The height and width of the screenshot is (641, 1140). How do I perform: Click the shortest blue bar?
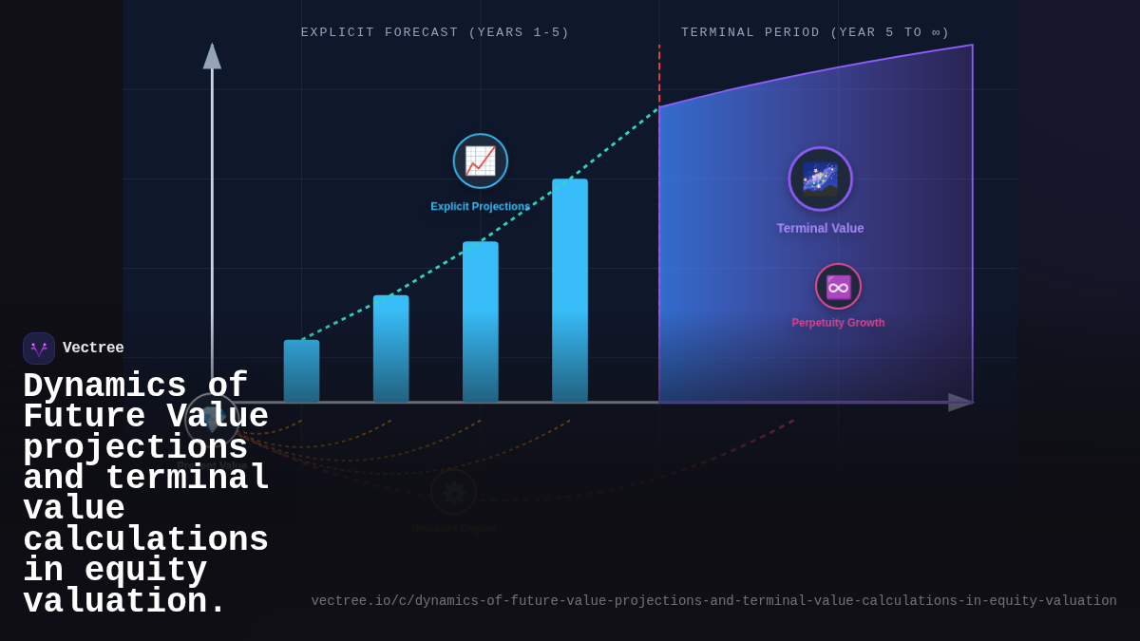pos(301,371)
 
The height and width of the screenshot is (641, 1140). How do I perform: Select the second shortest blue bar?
pos(390,349)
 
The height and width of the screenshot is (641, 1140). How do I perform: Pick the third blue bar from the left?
pos(480,321)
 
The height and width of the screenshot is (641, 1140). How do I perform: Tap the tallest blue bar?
pos(569,290)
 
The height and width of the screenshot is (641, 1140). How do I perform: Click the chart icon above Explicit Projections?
pos(481,160)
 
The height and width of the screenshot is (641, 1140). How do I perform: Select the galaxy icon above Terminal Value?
pos(820,179)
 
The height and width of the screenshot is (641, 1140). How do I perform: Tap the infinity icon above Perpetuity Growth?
pos(838,286)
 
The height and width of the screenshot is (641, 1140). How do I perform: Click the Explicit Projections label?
pos(480,207)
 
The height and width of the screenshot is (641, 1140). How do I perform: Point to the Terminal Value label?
pos(820,228)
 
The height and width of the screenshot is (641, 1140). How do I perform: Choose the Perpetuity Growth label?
pos(838,323)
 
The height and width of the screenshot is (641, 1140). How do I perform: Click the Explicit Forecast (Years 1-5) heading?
pos(435,32)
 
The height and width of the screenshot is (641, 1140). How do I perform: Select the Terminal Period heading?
pos(815,32)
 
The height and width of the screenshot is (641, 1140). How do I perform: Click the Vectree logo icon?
pos(39,349)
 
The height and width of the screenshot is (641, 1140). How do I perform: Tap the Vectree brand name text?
pos(93,349)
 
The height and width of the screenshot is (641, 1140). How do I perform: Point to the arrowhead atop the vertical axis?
pos(212,57)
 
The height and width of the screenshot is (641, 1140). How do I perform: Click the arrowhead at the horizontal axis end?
pos(959,403)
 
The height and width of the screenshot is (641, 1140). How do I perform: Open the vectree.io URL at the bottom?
pos(713,601)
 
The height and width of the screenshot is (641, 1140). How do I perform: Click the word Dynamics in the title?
pos(104,385)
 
